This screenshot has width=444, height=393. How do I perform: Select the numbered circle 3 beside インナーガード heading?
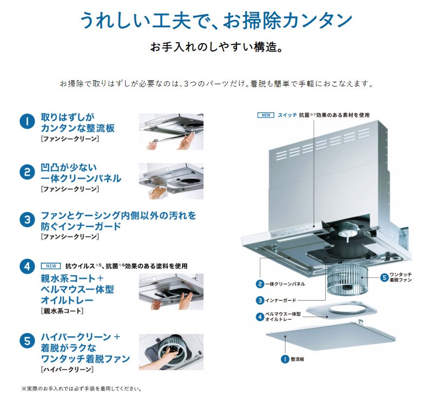click(x=27, y=220)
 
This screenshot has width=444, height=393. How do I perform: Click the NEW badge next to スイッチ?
click(x=265, y=115)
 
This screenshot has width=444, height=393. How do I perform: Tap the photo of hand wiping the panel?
click(x=171, y=181)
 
